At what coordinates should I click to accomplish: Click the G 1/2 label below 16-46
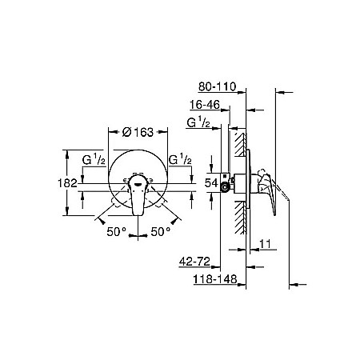coord(197,122)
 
